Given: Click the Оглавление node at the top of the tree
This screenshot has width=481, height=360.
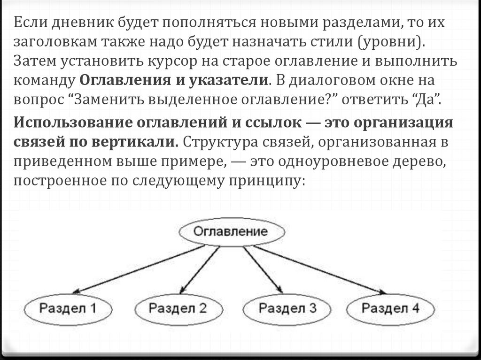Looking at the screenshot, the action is (x=231, y=232).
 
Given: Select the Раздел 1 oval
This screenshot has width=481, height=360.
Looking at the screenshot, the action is (x=67, y=309).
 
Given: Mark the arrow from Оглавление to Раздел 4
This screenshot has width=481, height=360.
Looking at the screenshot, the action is (x=319, y=269).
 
